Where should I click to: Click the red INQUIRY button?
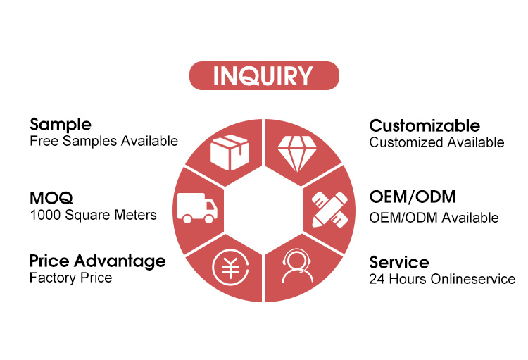[x=264, y=75]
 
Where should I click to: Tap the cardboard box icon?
[x=230, y=152]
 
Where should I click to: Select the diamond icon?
[x=297, y=154]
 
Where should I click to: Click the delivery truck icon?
[x=198, y=208]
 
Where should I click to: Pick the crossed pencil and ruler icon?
[x=329, y=209]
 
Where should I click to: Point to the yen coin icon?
[x=231, y=267]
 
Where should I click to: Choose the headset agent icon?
[x=297, y=266]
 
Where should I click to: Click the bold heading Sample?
[x=61, y=125]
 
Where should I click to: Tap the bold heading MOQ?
[x=51, y=198]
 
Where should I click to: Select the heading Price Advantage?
[x=98, y=261]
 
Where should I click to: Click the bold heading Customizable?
[x=425, y=125]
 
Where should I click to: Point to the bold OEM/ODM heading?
[x=413, y=197]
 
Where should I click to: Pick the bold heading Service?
[x=399, y=262]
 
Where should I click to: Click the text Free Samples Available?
[x=103, y=141]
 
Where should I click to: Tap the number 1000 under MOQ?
[x=46, y=215]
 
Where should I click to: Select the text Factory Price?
[x=70, y=278]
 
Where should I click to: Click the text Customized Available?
[x=436, y=142]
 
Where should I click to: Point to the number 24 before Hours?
[x=377, y=279]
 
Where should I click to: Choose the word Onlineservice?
[x=473, y=279]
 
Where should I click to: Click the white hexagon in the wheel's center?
[x=264, y=210]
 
